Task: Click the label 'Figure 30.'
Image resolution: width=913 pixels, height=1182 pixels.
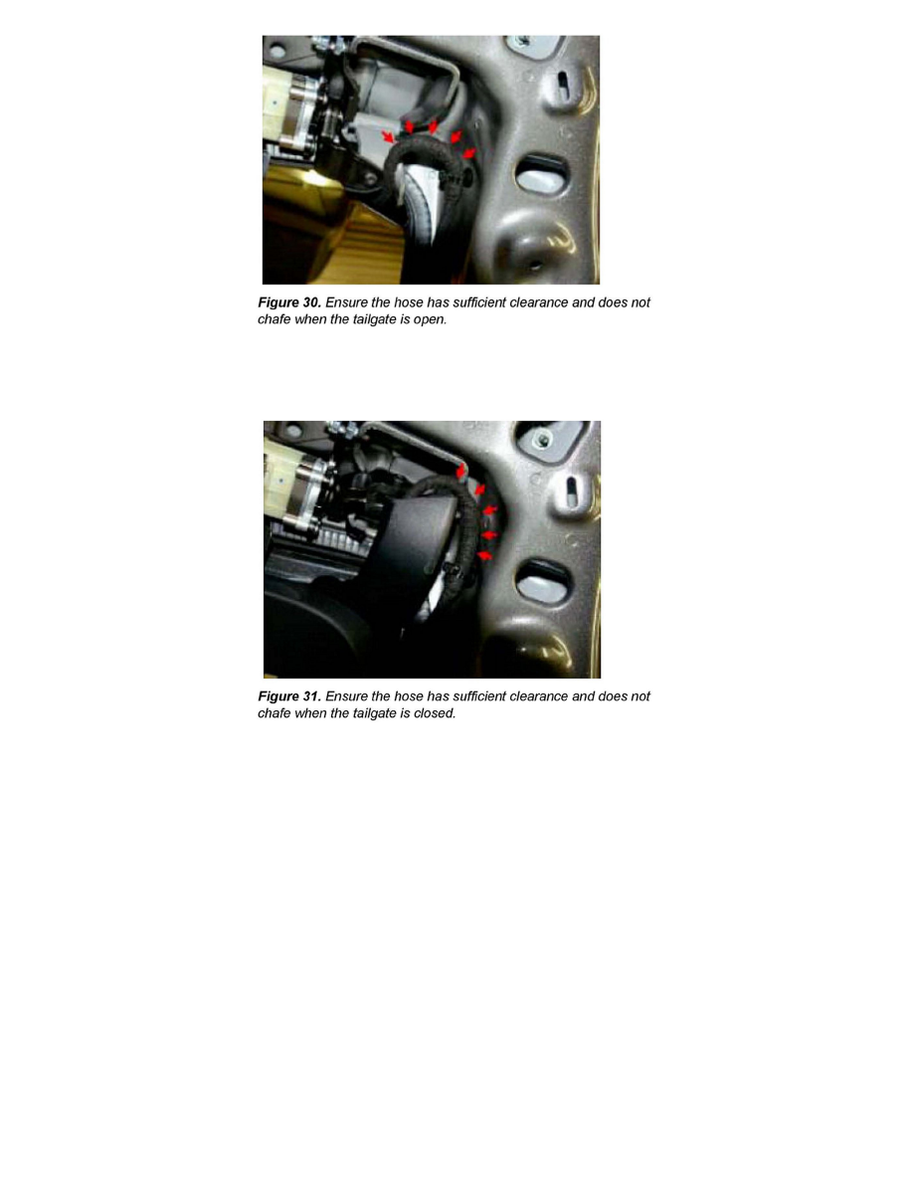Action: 289,302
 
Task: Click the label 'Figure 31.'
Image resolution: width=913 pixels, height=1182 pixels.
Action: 289,696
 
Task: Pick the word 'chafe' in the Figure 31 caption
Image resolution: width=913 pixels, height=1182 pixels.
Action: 274,713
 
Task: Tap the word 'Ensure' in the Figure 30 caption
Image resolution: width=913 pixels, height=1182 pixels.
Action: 346,302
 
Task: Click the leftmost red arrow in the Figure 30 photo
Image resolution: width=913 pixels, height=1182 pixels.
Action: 388,136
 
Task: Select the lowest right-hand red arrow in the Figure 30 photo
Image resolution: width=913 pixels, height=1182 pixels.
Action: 469,154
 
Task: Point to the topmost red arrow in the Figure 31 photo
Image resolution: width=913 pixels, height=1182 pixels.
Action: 461,472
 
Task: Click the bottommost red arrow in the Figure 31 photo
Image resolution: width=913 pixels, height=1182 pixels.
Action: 485,555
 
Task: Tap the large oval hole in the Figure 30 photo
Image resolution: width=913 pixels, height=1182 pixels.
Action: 542,173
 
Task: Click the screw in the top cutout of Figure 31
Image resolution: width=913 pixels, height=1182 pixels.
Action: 540,439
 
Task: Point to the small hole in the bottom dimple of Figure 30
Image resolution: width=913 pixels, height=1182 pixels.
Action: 535,266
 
